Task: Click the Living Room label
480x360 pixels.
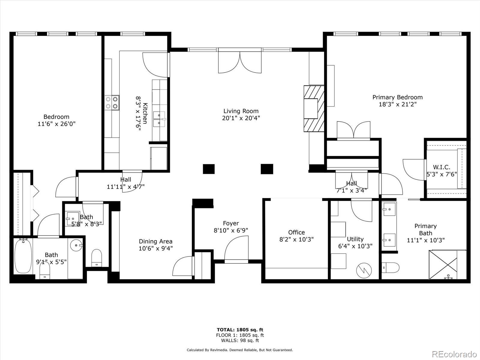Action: [241, 111]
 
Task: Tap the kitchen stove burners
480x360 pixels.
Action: [112, 102]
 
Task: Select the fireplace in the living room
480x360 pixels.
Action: [314, 109]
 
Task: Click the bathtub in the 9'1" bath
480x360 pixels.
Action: [23, 256]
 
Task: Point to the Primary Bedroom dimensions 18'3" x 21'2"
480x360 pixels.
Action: [397, 104]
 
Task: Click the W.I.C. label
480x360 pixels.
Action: [441, 167]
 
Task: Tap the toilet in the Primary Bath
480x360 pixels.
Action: [391, 267]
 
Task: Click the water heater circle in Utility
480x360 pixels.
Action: [364, 270]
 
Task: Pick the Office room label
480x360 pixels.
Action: [296, 232]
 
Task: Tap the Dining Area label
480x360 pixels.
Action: [155, 241]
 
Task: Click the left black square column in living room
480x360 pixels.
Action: [208, 169]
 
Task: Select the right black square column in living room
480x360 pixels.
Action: [267, 169]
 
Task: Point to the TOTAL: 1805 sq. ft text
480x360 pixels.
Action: [240, 330]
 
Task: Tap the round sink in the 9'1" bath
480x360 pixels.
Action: [76, 245]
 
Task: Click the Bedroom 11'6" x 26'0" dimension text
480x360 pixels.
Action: [56, 124]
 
